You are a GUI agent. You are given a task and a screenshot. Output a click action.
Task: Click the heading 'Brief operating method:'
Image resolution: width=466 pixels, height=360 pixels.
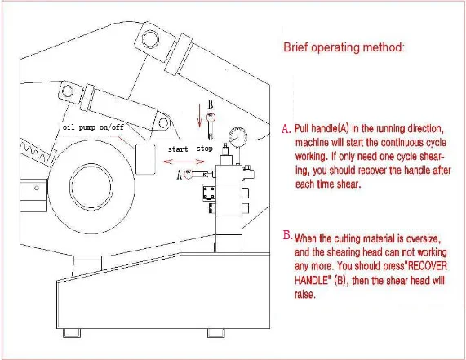pos(344,47)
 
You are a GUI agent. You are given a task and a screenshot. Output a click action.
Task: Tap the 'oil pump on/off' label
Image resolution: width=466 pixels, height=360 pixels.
pos(93,127)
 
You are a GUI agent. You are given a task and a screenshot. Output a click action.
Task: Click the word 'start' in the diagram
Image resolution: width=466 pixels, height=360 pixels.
pos(178,149)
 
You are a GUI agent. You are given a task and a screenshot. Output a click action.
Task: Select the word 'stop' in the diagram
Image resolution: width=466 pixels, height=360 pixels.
pos(205,149)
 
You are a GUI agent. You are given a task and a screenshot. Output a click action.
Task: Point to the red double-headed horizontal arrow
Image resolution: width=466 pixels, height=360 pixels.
pos(184,162)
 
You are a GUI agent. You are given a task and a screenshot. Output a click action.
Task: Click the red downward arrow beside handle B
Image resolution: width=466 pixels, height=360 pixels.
pos(200,116)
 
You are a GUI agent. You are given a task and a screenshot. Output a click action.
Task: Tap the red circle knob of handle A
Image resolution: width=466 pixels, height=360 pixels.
pos(189,174)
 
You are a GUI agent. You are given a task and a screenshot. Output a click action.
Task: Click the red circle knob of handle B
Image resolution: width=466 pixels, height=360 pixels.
pos(211,117)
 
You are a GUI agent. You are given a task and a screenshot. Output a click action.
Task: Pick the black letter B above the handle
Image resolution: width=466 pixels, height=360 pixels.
pos(211,104)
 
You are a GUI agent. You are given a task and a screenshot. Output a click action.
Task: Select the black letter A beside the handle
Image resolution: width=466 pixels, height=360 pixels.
pos(180,175)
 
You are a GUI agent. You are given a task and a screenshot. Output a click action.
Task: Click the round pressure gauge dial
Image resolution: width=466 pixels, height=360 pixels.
pos(237,136)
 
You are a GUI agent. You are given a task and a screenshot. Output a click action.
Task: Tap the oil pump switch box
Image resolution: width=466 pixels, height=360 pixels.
pos(145,158)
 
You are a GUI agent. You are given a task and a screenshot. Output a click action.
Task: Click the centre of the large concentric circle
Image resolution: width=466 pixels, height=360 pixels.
pos(91,187)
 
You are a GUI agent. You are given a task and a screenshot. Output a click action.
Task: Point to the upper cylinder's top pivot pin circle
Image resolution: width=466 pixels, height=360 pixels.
pos(150,39)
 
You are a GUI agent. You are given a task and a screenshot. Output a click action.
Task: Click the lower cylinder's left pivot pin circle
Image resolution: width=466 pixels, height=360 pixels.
pos(68,91)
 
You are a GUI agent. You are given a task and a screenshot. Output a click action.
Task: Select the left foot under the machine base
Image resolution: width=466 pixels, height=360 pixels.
pos(71,333)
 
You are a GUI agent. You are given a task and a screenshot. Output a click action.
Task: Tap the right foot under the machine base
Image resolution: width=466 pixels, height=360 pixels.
pos(216,333)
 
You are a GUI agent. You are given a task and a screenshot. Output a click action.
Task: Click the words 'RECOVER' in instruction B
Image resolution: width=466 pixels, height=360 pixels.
pos(428,266)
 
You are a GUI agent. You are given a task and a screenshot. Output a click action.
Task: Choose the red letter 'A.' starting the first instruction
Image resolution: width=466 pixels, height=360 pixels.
pos(286,129)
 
